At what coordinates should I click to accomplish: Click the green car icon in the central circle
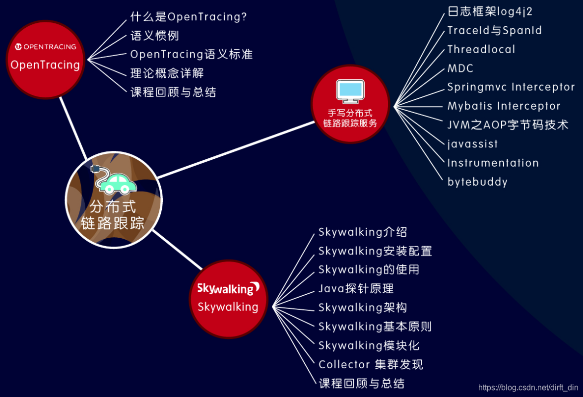click(118, 184)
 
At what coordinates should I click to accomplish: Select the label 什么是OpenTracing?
click(189, 17)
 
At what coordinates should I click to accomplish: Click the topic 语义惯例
click(154, 36)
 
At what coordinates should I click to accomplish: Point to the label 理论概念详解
click(167, 73)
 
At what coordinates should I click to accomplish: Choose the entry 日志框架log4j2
click(490, 11)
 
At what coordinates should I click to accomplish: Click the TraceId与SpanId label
click(495, 30)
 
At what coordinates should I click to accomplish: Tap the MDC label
click(460, 68)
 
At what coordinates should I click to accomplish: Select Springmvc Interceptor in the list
click(511, 87)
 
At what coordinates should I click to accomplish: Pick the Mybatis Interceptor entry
click(504, 106)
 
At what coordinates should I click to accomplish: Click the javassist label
click(472, 144)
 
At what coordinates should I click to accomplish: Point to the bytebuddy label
click(477, 182)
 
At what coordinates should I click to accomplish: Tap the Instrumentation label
click(493, 163)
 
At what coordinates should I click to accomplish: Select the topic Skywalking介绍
click(363, 232)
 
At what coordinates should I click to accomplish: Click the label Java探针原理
click(356, 288)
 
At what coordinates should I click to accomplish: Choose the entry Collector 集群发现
click(371, 365)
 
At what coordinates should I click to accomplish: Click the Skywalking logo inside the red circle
click(228, 288)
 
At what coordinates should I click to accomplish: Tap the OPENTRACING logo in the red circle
click(45, 47)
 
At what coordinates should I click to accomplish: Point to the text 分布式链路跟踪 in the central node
click(113, 215)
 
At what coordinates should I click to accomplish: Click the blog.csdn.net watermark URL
click(528, 387)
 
